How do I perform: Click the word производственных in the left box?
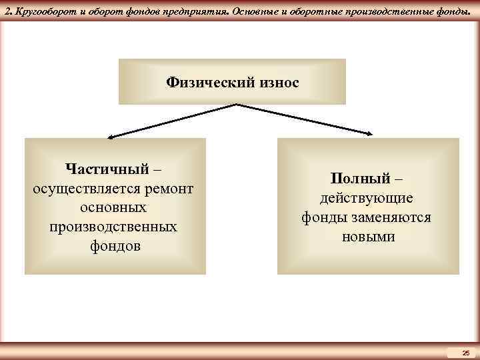[x=113, y=227]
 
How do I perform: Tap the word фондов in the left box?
[x=113, y=246]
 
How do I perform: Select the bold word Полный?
[x=357, y=179]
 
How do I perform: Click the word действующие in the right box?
[x=367, y=199]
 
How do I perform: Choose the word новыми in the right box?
[x=368, y=237]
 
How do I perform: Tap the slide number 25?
[x=465, y=353]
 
